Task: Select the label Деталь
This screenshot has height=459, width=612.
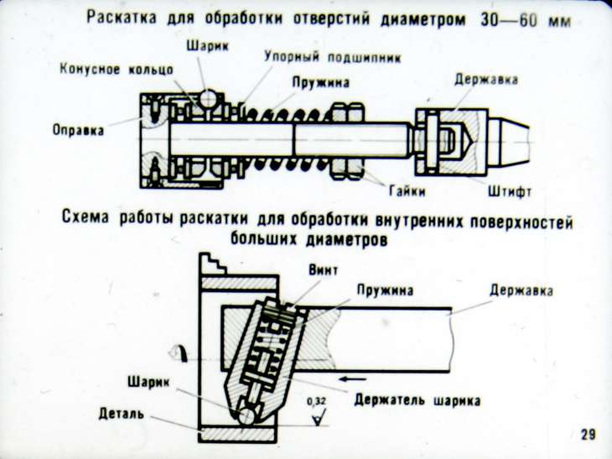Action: point(122,412)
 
